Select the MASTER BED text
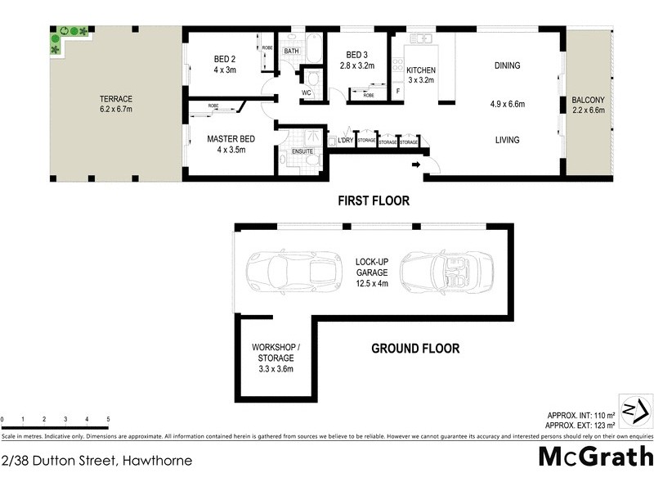(x=231, y=139)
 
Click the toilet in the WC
(x=311, y=78)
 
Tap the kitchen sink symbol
(x=421, y=38)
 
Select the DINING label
(x=507, y=66)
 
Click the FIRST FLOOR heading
(x=374, y=200)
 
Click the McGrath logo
(x=595, y=456)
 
